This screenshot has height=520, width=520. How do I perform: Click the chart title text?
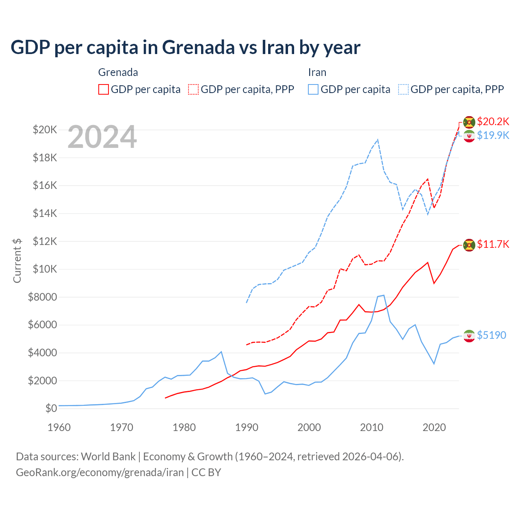(185, 48)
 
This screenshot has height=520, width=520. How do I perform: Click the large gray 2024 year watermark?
(102, 137)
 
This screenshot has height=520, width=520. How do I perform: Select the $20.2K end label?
(493, 121)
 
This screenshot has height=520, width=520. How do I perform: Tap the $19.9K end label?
(493, 135)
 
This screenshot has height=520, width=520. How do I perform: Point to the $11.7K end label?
(493, 244)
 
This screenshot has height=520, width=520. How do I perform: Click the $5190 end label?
(492, 335)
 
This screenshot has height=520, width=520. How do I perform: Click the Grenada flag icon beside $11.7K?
(469, 245)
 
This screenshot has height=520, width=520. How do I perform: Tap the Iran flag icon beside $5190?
(469, 336)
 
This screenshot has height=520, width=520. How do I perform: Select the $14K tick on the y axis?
(45, 213)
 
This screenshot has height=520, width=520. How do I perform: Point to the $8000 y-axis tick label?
(42, 297)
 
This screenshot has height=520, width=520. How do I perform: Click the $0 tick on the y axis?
(51, 408)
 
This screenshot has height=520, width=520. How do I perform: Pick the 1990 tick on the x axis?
(247, 427)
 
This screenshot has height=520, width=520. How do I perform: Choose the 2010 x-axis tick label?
(372, 427)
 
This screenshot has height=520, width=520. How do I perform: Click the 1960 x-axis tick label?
(59, 427)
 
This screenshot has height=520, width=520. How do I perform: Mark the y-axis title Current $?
(17, 260)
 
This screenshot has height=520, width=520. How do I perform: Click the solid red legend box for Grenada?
(104, 89)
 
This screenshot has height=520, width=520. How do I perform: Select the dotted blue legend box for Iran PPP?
(403, 89)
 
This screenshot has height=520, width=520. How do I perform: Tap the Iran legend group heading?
(317, 72)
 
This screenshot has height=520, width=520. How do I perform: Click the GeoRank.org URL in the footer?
(100, 472)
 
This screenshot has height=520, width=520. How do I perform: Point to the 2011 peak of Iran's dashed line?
(378, 140)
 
